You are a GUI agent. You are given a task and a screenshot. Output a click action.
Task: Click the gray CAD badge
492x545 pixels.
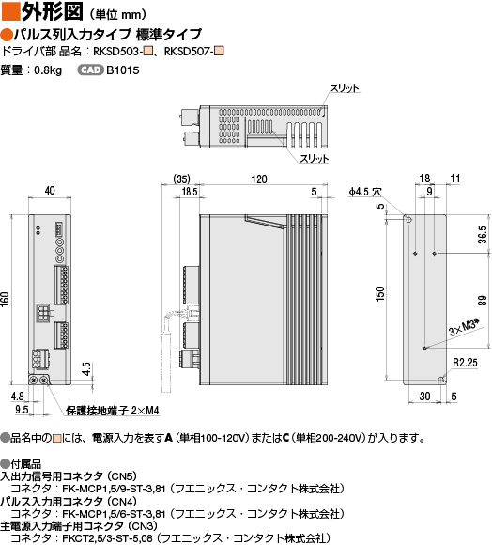coord(90,70)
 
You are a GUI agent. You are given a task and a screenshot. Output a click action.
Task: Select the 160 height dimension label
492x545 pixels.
coord(5,299)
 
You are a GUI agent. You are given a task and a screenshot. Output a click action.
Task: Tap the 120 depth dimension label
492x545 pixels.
coord(259,179)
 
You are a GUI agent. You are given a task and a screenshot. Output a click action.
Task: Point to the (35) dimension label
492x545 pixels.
coord(181,179)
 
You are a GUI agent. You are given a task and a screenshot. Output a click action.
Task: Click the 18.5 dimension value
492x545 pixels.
coord(190,192)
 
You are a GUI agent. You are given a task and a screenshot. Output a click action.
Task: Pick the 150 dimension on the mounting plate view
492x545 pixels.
coord(380,294)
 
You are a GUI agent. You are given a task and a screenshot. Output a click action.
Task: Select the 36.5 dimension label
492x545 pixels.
coord(483,235)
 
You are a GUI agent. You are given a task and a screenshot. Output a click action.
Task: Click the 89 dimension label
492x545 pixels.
coord(483,301)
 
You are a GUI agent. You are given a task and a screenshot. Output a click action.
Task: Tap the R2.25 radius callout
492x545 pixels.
coord(465,363)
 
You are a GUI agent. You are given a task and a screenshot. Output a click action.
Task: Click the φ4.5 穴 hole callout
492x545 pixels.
coord(365,192)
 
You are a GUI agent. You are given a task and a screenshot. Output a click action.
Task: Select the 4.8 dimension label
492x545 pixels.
coord(17,396)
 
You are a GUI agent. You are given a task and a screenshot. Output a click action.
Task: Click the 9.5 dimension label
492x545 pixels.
coord(22,409)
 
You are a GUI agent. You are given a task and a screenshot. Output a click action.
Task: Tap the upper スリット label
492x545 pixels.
coord(345,88)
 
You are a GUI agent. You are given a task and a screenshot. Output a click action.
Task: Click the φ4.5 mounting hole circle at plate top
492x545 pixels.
coord(408,220)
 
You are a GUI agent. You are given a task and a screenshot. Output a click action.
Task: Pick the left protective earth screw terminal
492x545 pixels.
coord(34,381)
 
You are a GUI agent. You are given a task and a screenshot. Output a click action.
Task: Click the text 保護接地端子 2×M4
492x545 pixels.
coord(113,411)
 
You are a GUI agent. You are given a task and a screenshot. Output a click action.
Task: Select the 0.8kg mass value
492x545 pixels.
coord(48,70)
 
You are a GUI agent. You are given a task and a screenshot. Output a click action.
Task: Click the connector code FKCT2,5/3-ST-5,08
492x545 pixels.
coord(107,538)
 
